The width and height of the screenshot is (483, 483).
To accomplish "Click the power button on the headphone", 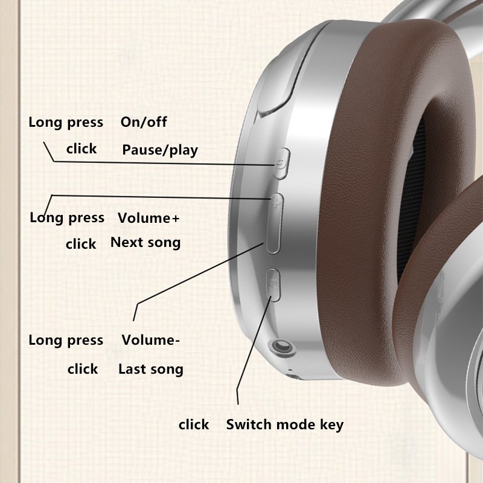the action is click(x=281, y=164).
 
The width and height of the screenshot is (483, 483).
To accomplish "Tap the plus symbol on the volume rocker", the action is click(x=277, y=202).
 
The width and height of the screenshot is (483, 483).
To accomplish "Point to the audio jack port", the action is click(x=281, y=347).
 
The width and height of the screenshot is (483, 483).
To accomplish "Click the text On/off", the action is click(x=144, y=122).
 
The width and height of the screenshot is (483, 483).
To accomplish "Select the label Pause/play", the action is click(x=160, y=150).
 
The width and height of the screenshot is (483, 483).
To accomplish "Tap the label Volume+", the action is click(x=149, y=218).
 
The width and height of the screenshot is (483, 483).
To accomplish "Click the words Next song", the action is click(x=146, y=243).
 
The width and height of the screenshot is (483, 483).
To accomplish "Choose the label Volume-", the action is click(x=150, y=340).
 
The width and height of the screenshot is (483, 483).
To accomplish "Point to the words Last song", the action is click(x=151, y=369).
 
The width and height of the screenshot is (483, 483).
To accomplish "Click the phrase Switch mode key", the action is click(x=285, y=425).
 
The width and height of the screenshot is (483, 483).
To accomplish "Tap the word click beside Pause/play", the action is click(x=82, y=149).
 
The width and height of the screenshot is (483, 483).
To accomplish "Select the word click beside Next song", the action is click(x=81, y=244).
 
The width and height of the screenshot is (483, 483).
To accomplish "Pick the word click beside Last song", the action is click(x=83, y=369).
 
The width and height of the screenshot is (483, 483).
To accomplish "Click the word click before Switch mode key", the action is click(x=194, y=425).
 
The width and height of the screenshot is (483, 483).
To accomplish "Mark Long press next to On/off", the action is click(x=66, y=123).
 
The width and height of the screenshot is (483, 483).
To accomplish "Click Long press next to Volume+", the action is click(x=67, y=218).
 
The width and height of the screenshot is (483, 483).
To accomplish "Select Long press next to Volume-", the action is click(x=66, y=341).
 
